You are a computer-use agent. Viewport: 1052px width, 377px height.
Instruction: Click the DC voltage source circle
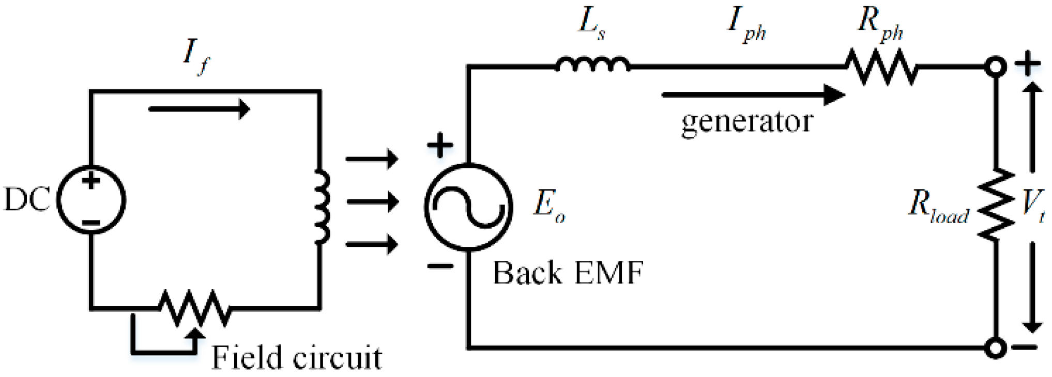91,200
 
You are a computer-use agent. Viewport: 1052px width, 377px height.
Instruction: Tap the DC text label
27,200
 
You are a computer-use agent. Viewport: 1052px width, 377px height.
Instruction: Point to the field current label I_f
196,57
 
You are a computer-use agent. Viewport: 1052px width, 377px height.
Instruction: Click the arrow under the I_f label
199,109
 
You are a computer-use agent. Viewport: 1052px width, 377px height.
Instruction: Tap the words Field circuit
297,357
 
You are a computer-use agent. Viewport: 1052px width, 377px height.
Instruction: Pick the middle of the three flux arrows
372,201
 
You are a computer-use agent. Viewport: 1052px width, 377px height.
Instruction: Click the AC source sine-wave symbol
468,207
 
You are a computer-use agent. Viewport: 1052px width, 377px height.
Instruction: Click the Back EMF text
568,273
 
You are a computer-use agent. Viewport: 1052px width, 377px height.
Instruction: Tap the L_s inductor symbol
592,65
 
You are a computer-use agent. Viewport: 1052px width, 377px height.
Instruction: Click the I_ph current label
746,25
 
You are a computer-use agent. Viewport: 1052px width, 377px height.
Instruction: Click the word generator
747,122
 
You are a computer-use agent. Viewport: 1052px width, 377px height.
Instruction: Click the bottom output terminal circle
995,348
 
